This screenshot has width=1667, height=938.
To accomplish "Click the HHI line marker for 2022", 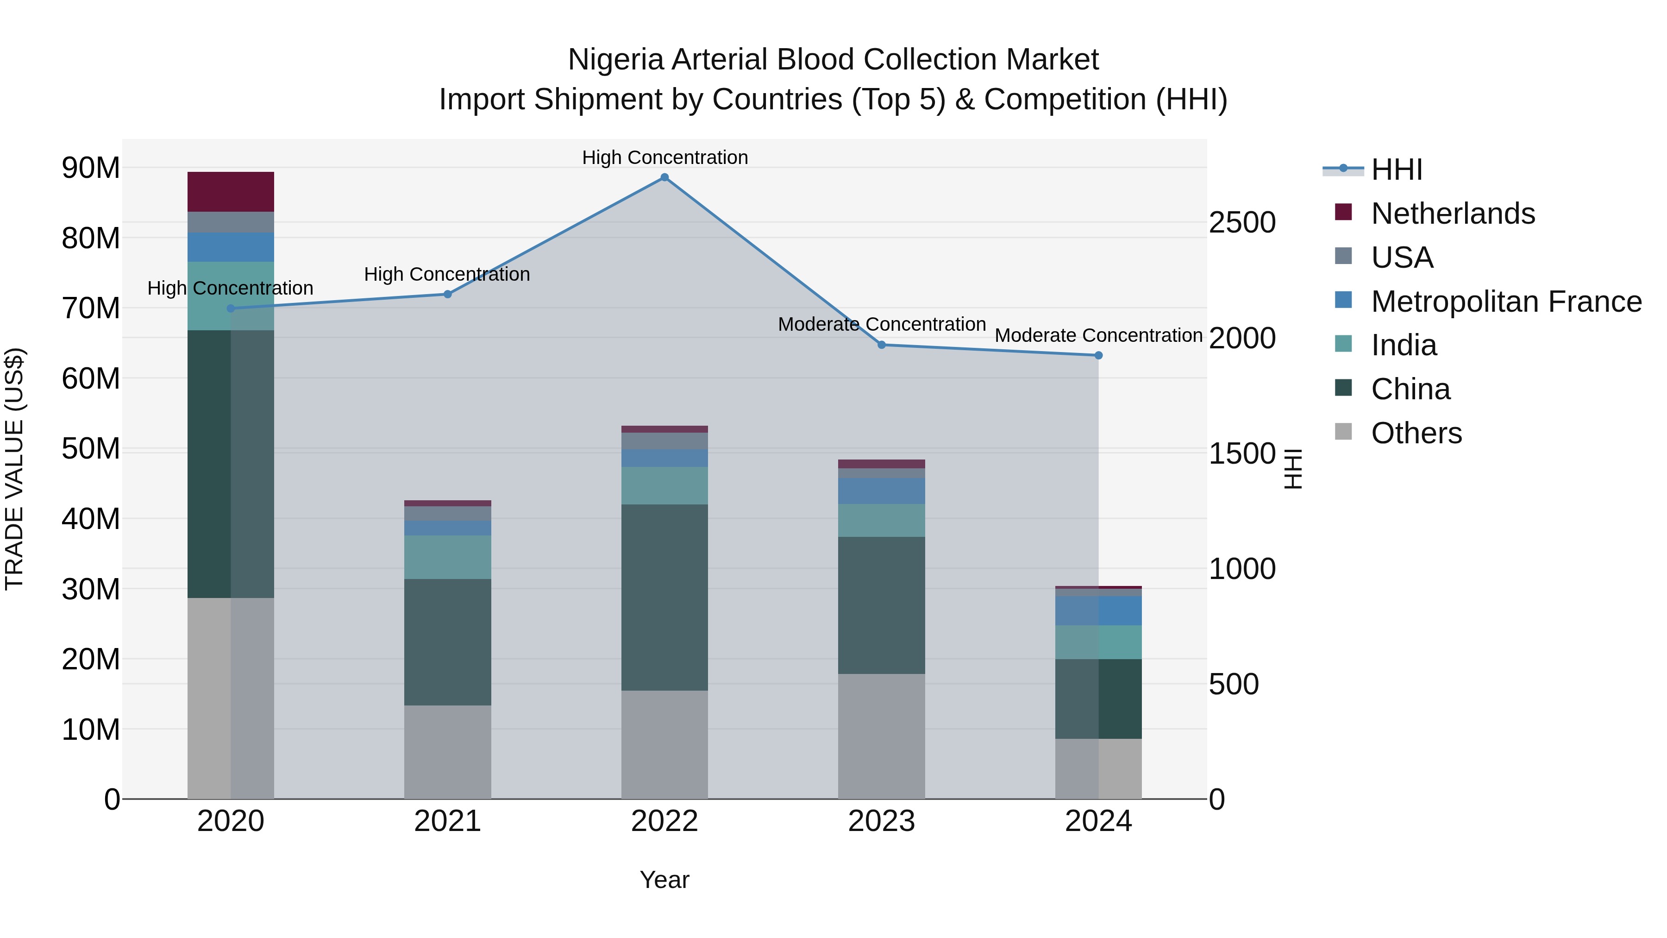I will coord(664,177).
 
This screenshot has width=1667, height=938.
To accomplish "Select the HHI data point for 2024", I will coord(1098,355).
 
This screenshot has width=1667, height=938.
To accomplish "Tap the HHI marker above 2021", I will coord(447,295).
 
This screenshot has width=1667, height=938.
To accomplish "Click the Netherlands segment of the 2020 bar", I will coord(231,192).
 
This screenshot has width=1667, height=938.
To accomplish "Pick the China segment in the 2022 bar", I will coord(664,597).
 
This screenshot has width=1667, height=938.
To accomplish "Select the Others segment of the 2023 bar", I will coord(881,736).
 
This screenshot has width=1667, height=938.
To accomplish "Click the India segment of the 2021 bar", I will coord(447,557).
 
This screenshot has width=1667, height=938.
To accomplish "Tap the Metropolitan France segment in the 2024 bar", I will coord(1098,611).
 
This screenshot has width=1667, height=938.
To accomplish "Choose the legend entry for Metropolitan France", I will coord(1506,302).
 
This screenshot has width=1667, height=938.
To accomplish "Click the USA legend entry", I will coord(1402,258).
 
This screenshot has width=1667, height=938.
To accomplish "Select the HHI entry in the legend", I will coord(1397,170).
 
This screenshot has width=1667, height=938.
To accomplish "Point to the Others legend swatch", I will coord(1343,432).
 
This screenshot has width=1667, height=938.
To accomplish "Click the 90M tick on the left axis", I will coord(91,168).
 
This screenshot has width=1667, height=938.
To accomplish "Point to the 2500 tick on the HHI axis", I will coord(1242,223).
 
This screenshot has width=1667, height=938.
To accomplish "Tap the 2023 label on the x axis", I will coord(881,821).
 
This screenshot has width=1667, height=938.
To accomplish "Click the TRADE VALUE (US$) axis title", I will coord(14,469).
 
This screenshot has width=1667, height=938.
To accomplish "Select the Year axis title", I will coord(664,880).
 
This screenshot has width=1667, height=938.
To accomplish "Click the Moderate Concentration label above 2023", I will coord(881,324).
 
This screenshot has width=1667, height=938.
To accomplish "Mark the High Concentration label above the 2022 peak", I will coord(664,157).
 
